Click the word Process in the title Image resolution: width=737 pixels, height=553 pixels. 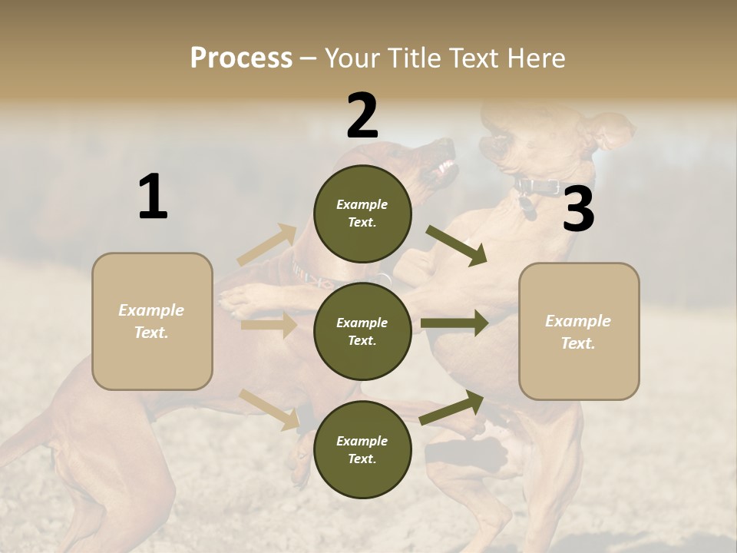[x=241, y=58]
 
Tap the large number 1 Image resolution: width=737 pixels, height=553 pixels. [x=153, y=197]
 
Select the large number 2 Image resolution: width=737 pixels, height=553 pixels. [x=362, y=116]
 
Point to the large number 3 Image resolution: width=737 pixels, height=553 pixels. [x=578, y=210]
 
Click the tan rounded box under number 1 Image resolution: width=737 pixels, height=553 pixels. [x=152, y=321]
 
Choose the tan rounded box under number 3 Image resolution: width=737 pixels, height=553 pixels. [x=579, y=331]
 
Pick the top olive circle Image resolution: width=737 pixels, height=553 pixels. [x=362, y=214]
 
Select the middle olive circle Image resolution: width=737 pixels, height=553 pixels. [x=362, y=331]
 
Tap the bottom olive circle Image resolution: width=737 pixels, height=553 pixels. [x=362, y=449]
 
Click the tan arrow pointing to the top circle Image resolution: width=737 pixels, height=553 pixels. [x=267, y=244]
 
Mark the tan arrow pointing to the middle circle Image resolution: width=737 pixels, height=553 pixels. [x=269, y=326]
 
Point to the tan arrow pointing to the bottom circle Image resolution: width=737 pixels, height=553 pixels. [x=269, y=409]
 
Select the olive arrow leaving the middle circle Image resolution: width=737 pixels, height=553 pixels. [x=454, y=323]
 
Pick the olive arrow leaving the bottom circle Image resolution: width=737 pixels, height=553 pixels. [x=452, y=407]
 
